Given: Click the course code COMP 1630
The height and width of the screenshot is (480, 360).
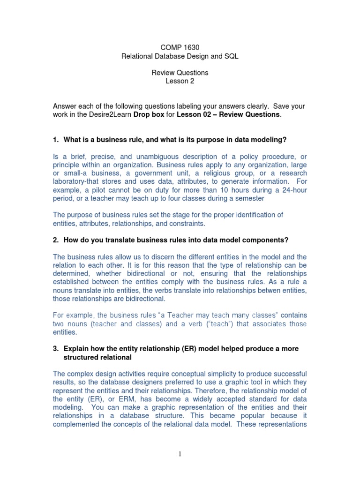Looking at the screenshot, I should tap(180, 47).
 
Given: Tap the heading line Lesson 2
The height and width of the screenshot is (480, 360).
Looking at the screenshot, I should tap(180, 81).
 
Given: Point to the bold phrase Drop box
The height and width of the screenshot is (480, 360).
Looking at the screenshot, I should tap(149, 114).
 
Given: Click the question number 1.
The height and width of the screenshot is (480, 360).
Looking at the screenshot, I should tap(55, 139).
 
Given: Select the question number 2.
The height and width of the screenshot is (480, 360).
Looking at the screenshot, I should tap(55, 240).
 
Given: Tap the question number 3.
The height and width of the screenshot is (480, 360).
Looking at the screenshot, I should tap(55, 349).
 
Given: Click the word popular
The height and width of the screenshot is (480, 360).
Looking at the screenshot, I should tap(252, 416).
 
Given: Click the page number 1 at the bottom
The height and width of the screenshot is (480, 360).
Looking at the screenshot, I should tap(180, 454).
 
